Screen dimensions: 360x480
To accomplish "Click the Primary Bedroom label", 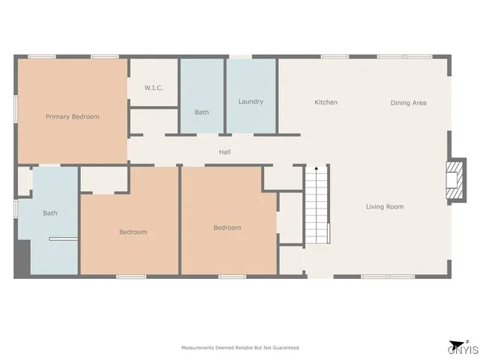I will coord(72,116).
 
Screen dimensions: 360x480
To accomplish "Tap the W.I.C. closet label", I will coord(154,88).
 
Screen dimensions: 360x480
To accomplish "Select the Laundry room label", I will coord(250,101).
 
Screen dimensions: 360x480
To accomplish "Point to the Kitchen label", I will coord(325,102).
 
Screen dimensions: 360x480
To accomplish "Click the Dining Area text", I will coord(408,103).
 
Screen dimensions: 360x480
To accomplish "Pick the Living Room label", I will coord(385,206).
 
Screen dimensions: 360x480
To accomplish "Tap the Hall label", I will coord(224,152).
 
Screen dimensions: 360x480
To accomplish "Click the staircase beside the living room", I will coord(318,204).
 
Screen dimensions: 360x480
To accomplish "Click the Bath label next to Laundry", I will coord(202,112).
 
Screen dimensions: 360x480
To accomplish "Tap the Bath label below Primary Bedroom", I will coord(49,213).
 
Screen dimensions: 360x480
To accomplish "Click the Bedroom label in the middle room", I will coord(226,228).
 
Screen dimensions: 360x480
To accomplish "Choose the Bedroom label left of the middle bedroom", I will coord(133,232).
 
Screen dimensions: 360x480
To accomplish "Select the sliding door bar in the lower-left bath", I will coord(63,239).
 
